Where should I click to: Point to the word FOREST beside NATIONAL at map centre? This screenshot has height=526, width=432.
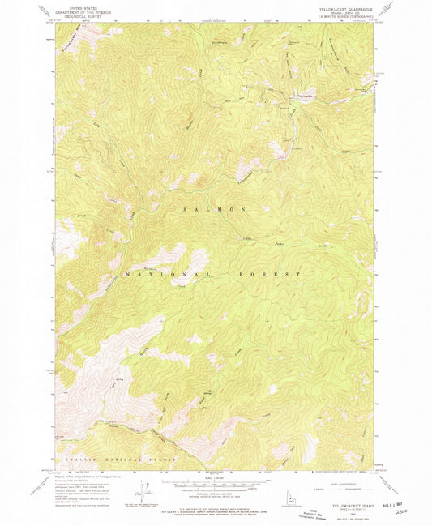279,275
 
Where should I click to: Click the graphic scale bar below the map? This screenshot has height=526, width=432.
216,484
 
